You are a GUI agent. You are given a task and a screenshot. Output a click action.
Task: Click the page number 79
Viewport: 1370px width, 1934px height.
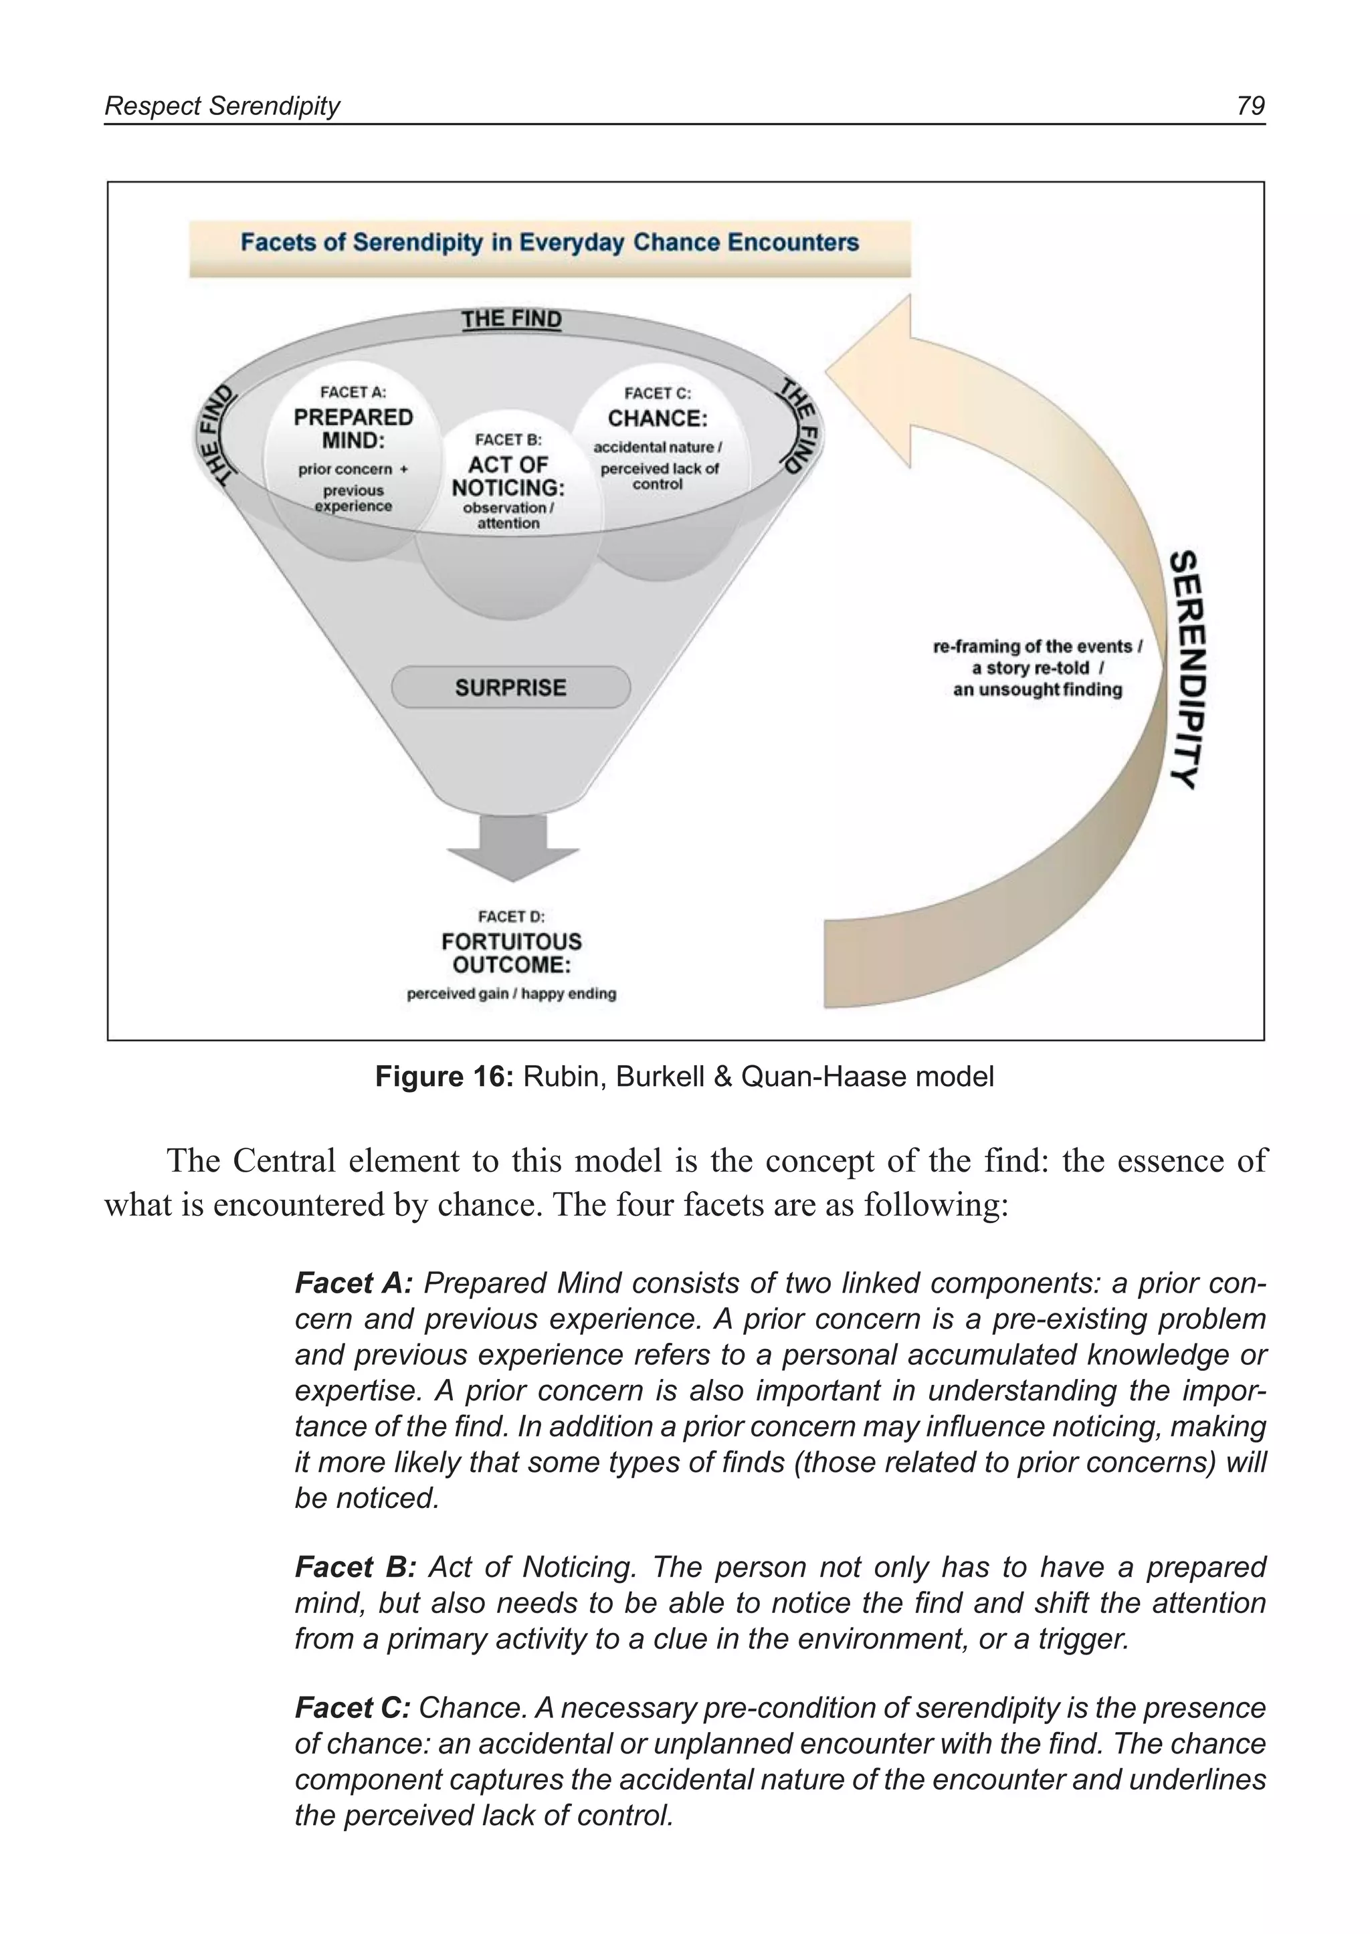coord(1250,106)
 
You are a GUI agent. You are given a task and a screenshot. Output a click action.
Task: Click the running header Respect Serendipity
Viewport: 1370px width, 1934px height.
coord(222,106)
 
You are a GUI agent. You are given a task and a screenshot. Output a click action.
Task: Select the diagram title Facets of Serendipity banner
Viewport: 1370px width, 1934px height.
coord(549,243)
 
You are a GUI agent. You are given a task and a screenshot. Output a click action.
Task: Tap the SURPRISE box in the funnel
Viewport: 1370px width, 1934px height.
coord(510,687)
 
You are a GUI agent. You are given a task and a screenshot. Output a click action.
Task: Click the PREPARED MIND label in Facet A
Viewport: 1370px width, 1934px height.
coord(353,429)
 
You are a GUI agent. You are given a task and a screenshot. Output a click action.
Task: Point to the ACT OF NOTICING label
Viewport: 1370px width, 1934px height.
coord(508,477)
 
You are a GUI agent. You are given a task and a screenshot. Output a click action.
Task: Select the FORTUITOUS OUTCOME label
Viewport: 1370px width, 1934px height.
coord(511,953)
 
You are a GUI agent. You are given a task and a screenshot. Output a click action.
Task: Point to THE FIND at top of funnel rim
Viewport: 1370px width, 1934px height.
coord(511,320)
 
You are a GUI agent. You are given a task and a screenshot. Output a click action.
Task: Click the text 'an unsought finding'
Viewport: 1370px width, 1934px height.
coord(1037,690)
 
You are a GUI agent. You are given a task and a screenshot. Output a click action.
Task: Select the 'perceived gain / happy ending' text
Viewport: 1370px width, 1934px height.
coord(511,994)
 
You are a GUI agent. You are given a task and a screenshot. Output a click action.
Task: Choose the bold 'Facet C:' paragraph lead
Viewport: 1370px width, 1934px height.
coord(353,1708)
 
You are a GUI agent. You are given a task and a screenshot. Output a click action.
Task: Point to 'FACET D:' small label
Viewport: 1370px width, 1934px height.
coord(511,916)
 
